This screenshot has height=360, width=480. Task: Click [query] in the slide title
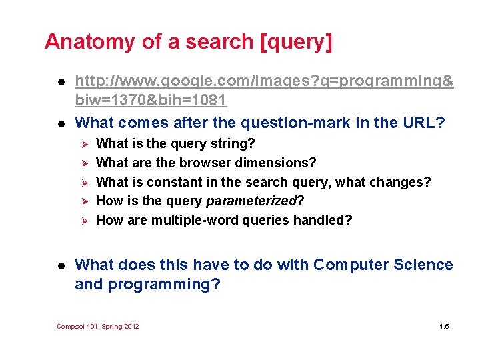pos(297,42)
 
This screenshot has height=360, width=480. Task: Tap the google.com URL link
pos(264,81)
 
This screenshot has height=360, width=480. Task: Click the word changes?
pos(403,182)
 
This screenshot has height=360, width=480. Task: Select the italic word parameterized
pos(251,201)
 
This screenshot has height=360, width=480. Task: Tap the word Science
pos(422,265)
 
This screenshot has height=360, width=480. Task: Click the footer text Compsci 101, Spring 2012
pos(98,326)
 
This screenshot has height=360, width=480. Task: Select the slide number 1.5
pos(444,326)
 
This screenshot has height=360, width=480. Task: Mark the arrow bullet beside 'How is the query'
pos(83,201)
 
